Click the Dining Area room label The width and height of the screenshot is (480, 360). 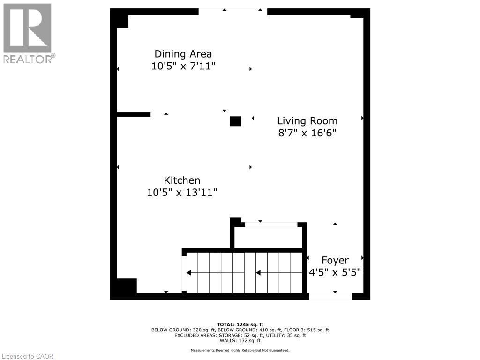coord(183,54)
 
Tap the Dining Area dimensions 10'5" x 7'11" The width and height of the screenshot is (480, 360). coord(183,66)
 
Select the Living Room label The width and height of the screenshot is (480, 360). coord(307,120)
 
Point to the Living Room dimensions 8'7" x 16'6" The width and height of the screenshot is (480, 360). coord(307,133)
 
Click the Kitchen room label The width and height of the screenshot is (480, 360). coord(182,180)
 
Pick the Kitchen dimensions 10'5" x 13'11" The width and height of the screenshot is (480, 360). coord(182,192)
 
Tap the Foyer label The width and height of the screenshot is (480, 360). coord(335,260)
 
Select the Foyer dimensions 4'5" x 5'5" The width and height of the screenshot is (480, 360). coord(335,272)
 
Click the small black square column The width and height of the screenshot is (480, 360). coord(235,121)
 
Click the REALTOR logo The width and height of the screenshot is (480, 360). coord(28,33)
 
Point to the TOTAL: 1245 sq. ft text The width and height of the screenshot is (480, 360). coord(240,324)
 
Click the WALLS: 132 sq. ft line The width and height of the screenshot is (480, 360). coord(240,341)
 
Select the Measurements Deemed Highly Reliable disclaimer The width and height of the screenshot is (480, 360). coord(240,350)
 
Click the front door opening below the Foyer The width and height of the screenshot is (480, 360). coord(330,296)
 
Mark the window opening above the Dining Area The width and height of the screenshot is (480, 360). coord(233,12)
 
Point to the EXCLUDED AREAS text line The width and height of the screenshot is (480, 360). coord(240,335)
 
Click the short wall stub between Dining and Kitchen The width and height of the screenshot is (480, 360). coord(133,114)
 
